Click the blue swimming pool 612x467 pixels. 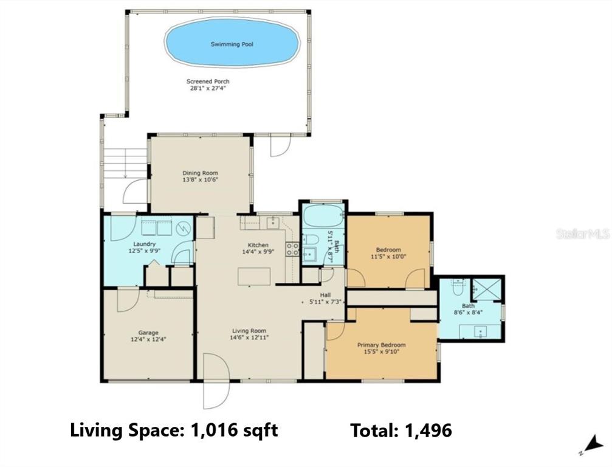pyautogui.click(x=232, y=42)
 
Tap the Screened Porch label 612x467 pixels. pyautogui.click(x=208, y=81)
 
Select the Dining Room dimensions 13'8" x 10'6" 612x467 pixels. pyautogui.click(x=200, y=180)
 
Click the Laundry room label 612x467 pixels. pyautogui.click(x=145, y=244)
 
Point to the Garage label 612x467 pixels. pyautogui.click(x=148, y=333)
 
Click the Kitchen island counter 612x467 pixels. pyautogui.click(x=254, y=277)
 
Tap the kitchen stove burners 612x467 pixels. pyautogui.click(x=292, y=249)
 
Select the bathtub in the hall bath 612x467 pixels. pyautogui.click(x=323, y=216)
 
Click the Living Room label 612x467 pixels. pyautogui.click(x=248, y=331)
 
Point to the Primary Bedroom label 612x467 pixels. pyautogui.click(x=381, y=345)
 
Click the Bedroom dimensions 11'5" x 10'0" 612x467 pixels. pyautogui.click(x=388, y=257)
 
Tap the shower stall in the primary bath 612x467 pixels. pyautogui.click(x=486, y=289)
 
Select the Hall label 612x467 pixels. pyautogui.click(x=325, y=295)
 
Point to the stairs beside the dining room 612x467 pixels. pyautogui.click(x=125, y=163)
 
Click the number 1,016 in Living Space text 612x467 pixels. pyautogui.click(x=214, y=430)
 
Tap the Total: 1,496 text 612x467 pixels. pyautogui.click(x=401, y=431)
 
